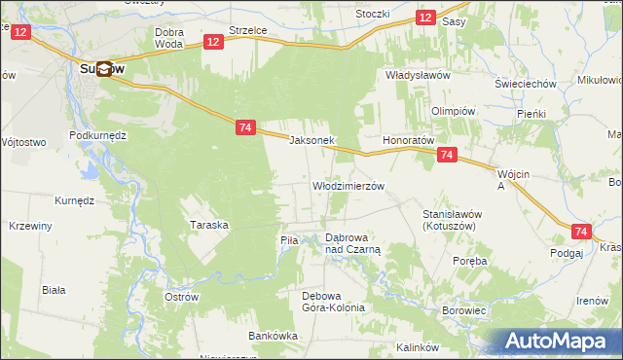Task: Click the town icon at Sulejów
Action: tap(103, 70)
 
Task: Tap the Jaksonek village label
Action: tap(312, 140)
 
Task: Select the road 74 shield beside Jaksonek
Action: tap(245, 127)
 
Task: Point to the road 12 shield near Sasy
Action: tap(425, 18)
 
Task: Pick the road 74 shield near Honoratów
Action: tap(447, 155)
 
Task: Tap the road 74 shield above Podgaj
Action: tap(581, 232)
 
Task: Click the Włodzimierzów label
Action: tap(348, 185)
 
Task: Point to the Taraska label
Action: tap(209, 225)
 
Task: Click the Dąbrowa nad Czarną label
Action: tap(352, 243)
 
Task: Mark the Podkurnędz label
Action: tap(99, 135)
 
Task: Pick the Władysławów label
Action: tap(417, 75)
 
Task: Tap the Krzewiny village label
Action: tap(29, 225)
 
